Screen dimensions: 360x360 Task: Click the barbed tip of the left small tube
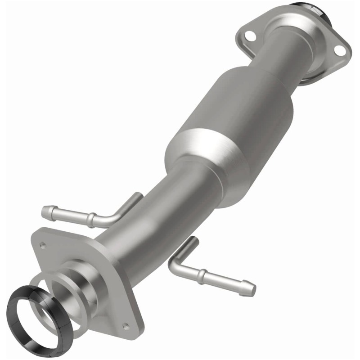coord(46,210)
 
